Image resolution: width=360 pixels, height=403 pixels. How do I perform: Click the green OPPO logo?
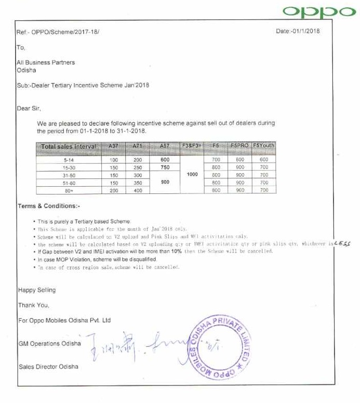(x=318, y=12)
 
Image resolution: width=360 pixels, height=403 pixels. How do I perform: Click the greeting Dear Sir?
(x=29, y=109)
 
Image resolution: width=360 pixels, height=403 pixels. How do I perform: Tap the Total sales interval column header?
(x=68, y=147)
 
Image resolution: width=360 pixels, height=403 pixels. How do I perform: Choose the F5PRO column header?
(x=239, y=146)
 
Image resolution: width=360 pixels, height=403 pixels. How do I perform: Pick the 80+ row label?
(x=68, y=191)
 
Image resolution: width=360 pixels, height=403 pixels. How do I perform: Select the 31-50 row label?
(x=68, y=175)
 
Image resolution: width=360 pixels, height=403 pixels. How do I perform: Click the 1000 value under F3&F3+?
(x=192, y=175)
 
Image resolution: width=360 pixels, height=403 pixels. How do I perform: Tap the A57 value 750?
(x=165, y=167)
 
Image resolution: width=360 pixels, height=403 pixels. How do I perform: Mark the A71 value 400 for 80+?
(x=137, y=191)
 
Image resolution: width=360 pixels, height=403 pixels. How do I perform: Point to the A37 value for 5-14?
(x=114, y=160)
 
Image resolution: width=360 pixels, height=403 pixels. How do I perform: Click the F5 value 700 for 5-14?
(x=216, y=160)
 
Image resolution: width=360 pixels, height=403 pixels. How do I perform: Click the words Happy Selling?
(x=36, y=290)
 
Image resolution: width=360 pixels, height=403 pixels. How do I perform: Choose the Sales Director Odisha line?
(x=48, y=367)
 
